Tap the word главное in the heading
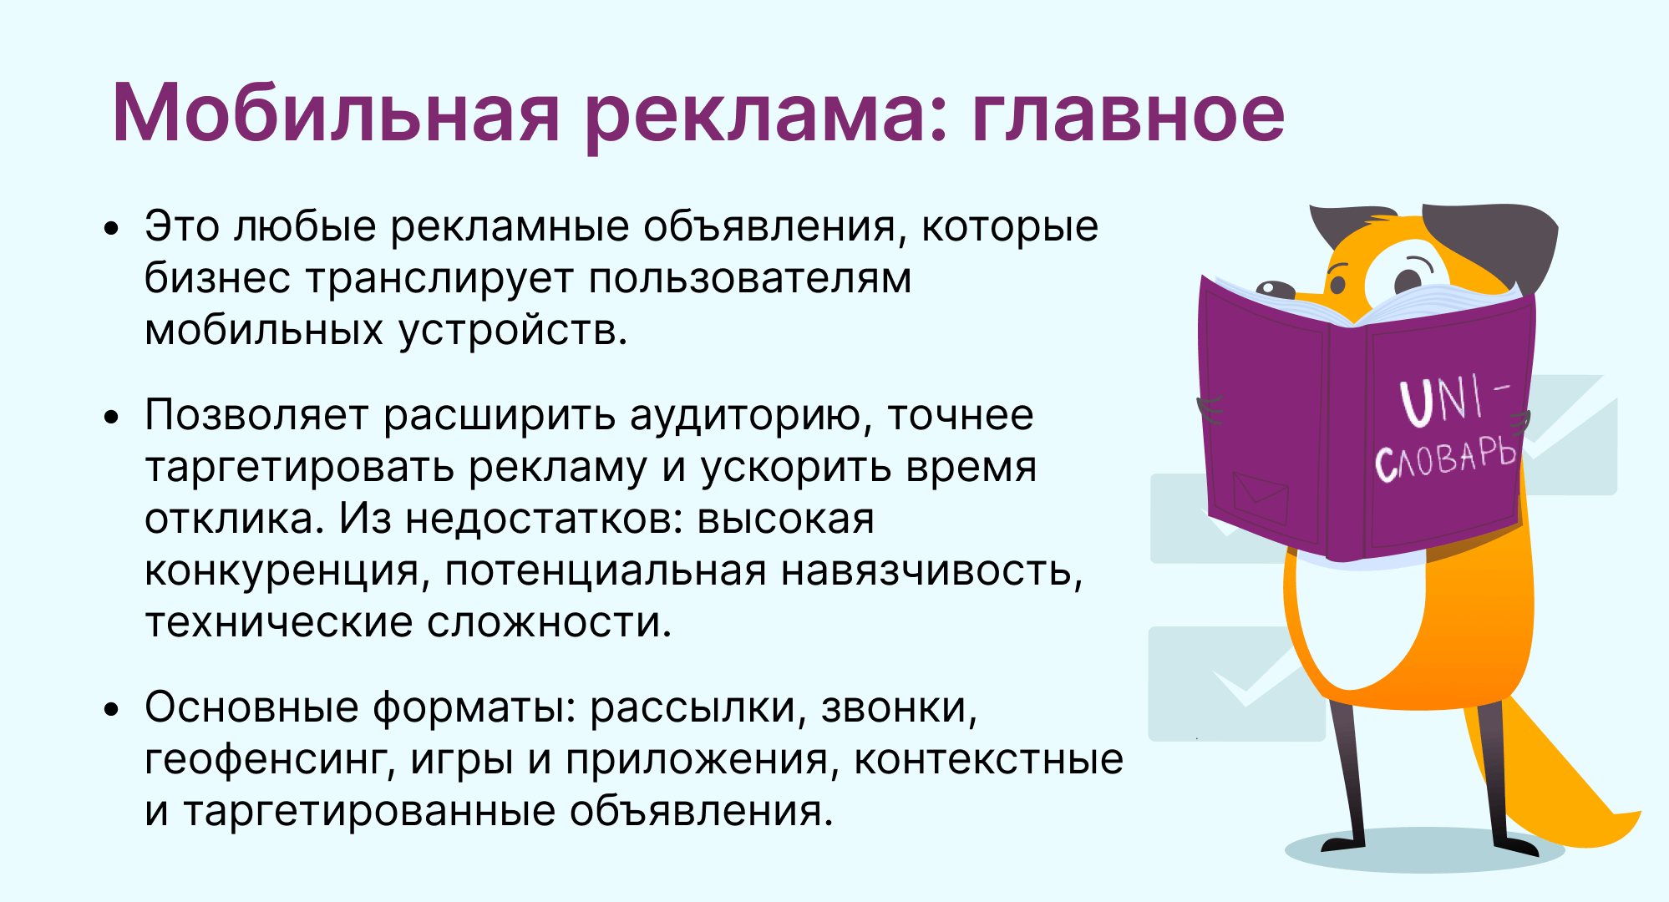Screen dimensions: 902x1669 pos(1128,114)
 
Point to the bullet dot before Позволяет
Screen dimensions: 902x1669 pos(112,417)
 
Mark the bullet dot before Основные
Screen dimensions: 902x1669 pos(112,709)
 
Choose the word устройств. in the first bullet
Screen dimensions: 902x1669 pos(512,330)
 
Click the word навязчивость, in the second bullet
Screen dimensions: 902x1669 pos(931,571)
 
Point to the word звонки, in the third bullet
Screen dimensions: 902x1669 pos(899,707)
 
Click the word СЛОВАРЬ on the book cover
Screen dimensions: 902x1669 pos(1445,459)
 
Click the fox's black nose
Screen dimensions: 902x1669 pos(1274,289)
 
